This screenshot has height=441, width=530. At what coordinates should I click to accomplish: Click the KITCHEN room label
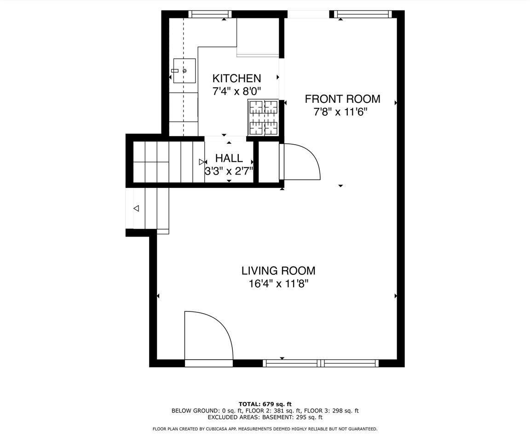point(236,78)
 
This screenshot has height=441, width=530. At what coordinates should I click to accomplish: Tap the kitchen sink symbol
point(184,71)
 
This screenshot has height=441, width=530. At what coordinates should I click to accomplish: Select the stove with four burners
point(264,118)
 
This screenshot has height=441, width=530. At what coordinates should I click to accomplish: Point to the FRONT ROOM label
point(342,99)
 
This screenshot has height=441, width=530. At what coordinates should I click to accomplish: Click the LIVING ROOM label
point(278,271)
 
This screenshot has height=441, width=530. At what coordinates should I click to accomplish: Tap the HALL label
point(229,158)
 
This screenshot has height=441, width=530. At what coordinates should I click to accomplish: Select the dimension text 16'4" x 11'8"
point(278,284)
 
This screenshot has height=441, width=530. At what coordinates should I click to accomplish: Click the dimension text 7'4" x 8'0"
point(236,91)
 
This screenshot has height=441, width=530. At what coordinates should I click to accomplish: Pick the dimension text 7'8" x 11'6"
point(340,112)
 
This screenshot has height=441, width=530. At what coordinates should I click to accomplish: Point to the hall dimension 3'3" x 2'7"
point(229,171)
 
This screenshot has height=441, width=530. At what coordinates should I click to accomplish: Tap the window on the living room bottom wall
point(321,363)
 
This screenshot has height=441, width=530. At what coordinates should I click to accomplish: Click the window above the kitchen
point(210,14)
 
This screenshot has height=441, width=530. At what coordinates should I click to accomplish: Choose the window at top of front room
point(363,14)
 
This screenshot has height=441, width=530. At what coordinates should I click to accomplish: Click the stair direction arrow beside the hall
point(202,162)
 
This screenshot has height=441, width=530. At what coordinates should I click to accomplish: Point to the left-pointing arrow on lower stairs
point(136,209)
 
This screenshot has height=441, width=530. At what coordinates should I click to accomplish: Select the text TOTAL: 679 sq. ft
point(265,404)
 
